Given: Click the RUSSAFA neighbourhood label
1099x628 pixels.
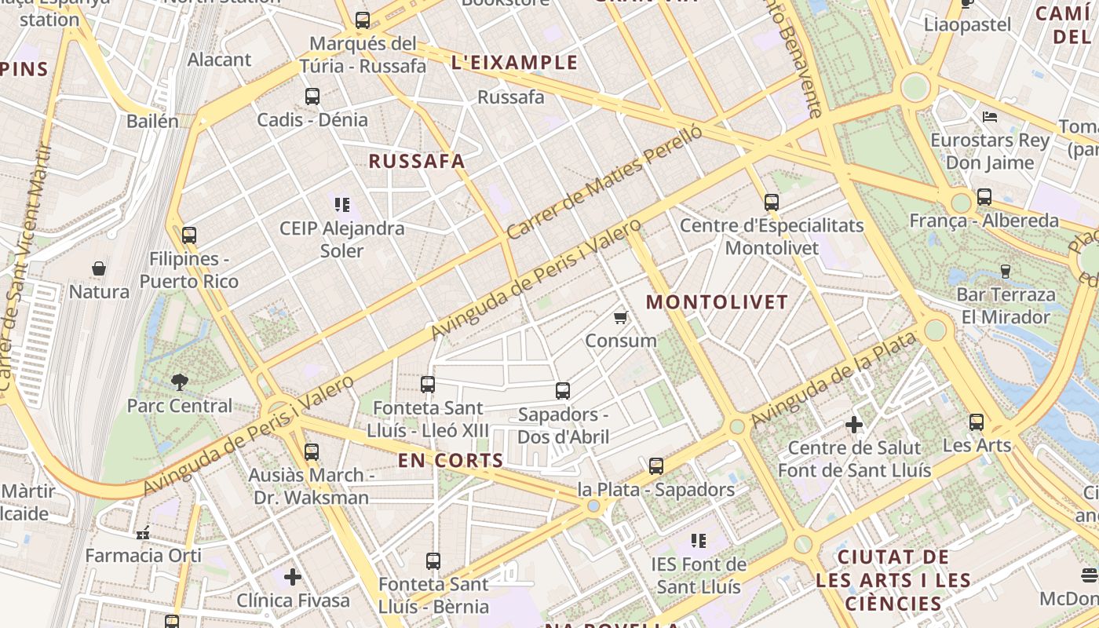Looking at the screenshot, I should pos(417,162).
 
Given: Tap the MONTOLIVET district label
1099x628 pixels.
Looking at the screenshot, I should pos(717,302).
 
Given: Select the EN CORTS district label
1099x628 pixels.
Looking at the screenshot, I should pos(451,461).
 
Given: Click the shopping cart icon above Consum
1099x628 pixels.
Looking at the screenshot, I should pos(621,318).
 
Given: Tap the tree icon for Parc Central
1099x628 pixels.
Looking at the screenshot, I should pos(180,382).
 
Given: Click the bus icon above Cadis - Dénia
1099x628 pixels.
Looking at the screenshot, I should pos(312,97).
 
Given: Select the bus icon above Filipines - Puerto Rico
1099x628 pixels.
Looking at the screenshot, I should pos(188,235).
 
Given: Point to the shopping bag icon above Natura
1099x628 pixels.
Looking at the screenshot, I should pos(99,268).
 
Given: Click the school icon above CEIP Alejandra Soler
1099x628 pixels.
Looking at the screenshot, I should pos(342,205).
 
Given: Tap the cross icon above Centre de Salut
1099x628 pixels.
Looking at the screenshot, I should pos(854,425).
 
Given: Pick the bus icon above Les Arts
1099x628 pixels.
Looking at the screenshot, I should pos(977,422).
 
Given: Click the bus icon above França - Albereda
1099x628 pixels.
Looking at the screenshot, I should pos(984,197).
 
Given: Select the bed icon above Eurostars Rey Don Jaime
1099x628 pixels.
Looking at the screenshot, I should pos(990,117).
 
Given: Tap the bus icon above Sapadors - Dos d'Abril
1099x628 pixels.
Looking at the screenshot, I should pos(563,391).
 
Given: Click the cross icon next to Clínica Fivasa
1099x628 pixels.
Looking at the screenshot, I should pos(293,578).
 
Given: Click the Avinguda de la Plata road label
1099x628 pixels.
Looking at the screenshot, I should pos(834,381).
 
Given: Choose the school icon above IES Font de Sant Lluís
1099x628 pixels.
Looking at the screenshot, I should pos(699,541).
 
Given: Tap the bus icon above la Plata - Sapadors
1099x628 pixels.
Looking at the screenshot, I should pos(656,466).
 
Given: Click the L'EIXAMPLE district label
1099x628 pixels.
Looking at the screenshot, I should pos(515,63).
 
